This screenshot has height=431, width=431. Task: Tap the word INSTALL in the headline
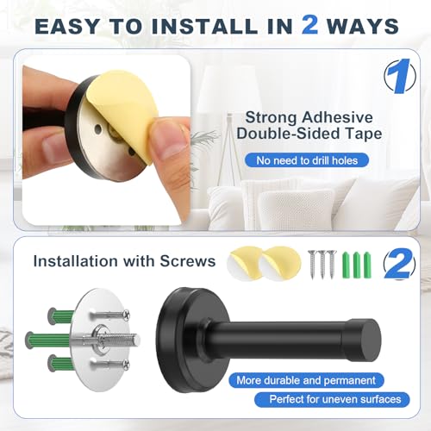pyautogui.click(x=204, y=26)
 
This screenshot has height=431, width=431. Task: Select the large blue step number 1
pyautogui.click(x=399, y=76)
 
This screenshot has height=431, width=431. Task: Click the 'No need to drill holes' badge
pyautogui.click(x=307, y=160)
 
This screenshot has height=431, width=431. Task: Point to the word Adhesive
pyautogui.click(x=337, y=117)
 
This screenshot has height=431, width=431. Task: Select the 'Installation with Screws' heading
pyautogui.click(x=124, y=261)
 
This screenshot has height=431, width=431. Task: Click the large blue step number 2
pyautogui.click(x=399, y=264)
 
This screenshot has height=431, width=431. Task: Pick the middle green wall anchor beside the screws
pyautogui.click(x=357, y=265)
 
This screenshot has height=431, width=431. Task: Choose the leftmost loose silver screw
pyautogui.click(x=313, y=265)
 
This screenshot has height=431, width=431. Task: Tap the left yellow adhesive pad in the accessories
pyautogui.click(x=245, y=262)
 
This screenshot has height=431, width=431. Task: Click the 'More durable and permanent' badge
pyautogui.click(x=306, y=380)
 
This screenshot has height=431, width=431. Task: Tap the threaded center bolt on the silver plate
pyautogui.click(x=120, y=340)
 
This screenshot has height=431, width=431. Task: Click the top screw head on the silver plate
pyautogui.click(x=126, y=315)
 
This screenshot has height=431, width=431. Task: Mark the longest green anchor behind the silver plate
pyautogui.click(x=49, y=340)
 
